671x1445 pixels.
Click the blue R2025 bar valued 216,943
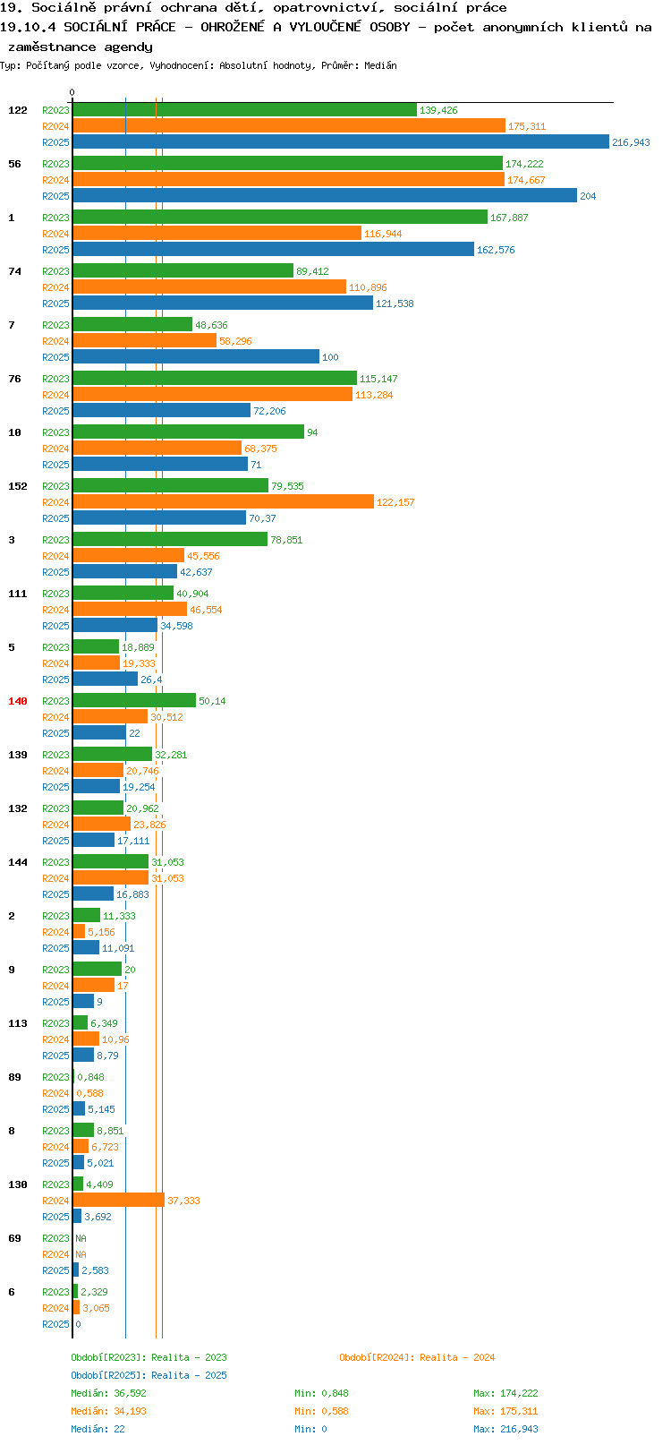pyautogui.click(x=341, y=142)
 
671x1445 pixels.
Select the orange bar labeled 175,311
pyautogui.click(x=289, y=126)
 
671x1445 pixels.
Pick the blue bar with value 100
pyautogui.click(x=196, y=356)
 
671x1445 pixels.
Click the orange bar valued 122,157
pyautogui.click(x=223, y=502)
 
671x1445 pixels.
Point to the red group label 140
pyautogui.click(x=17, y=701)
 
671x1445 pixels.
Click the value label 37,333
pyautogui.click(x=183, y=1201)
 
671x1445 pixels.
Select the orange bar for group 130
pyautogui.click(x=119, y=1200)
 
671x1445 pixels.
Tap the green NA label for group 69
pyautogui.click(x=81, y=1238)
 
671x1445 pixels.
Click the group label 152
pyautogui.click(x=17, y=486)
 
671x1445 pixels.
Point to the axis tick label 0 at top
pyautogui.click(x=72, y=92)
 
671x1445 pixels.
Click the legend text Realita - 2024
pyautogui.click(x=457, y=1357)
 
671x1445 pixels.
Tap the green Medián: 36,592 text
pyautogui.click(x=108, y=1393)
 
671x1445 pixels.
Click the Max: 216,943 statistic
pyautogui.click(x=505, y=1429)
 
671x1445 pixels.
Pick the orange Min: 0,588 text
pyautogui.click(x=321, y=1411)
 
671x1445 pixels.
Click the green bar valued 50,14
pyautogui.click(x=134, y=701)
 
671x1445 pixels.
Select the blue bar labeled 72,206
pyautogui.click(x=162, y=410)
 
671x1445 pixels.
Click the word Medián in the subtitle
pyautogui.click(x=380, y=65)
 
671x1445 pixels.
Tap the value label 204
pyautogui.click(x=588, y=196)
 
